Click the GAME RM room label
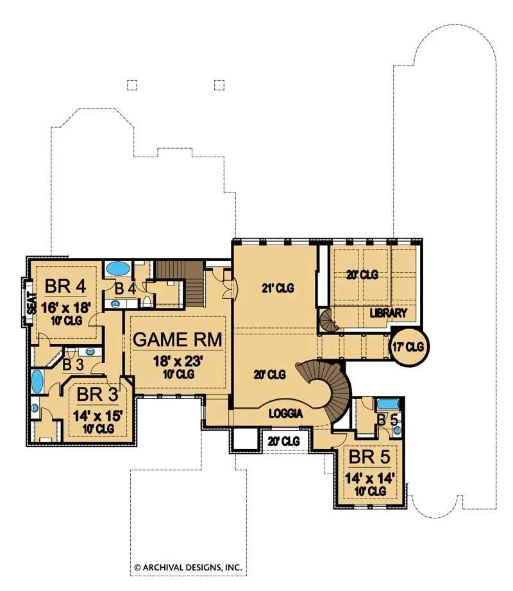click(178, 339)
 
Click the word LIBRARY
click(389, 313)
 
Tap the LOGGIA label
click(286, 414)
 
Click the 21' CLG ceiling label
click(278, 288)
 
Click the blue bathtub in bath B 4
click(117, 268)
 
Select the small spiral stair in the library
click(328, 320)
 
